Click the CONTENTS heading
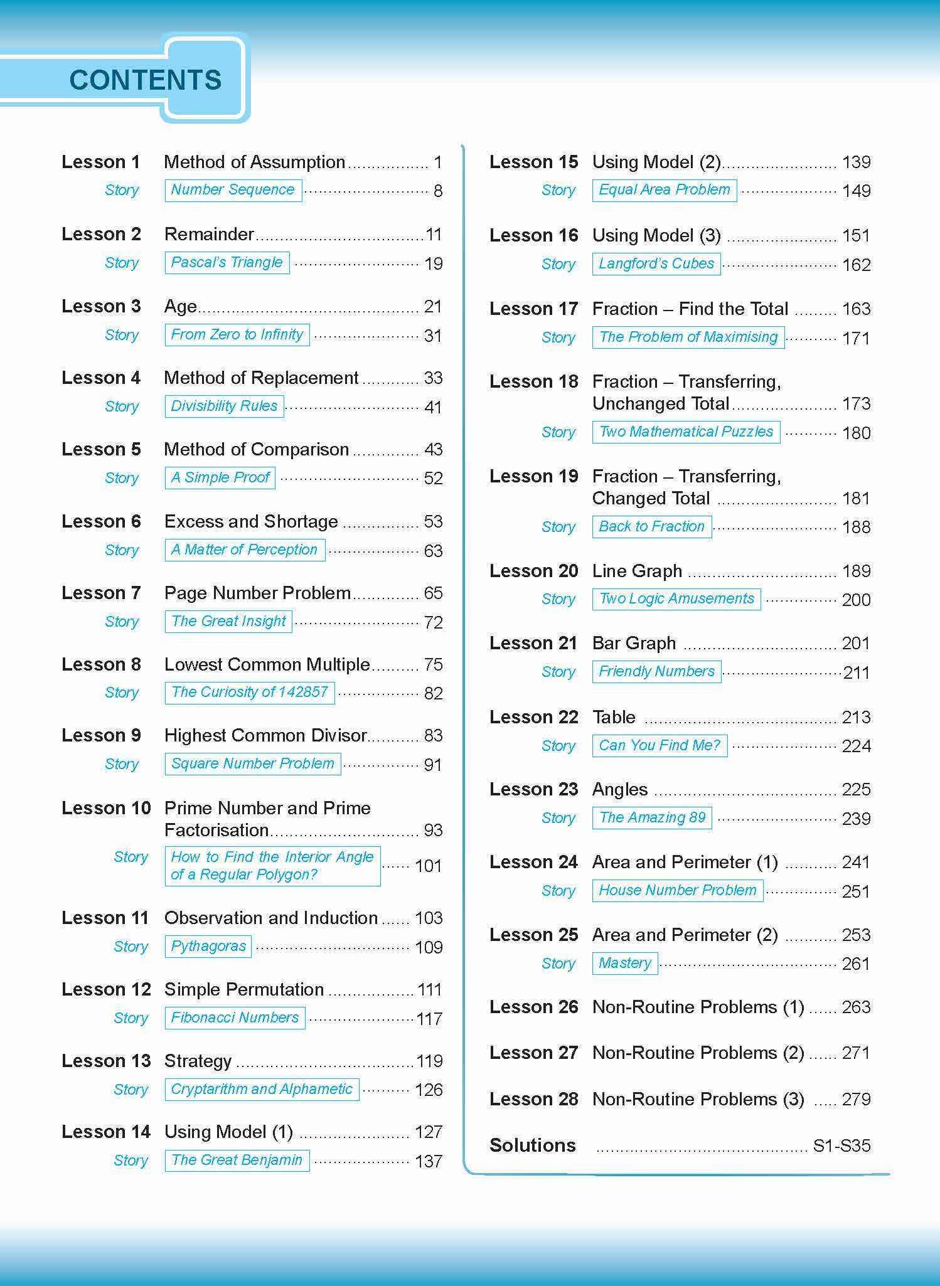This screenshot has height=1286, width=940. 145,80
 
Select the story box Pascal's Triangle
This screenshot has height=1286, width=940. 227,262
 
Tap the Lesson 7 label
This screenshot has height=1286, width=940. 101,593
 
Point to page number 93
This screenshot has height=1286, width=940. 433,830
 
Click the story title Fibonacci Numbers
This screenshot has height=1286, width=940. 235,1018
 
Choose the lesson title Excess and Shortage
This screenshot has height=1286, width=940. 251,521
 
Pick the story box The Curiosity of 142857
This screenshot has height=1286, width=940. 249,692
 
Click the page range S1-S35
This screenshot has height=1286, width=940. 841,1145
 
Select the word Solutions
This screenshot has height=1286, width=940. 532,1145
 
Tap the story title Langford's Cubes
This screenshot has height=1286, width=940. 656,263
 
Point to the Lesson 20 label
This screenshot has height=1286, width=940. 533,571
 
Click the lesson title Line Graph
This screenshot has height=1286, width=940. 637,571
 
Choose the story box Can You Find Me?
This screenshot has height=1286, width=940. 660,745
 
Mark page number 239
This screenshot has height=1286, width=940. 856,819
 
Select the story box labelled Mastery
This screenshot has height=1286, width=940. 625,963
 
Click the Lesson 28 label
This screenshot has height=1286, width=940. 533,1099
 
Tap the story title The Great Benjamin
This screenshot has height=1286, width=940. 237,1160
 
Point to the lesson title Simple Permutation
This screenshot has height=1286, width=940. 244,989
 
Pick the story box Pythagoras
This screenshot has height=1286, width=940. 208,946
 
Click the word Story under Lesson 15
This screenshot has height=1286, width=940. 558,190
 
